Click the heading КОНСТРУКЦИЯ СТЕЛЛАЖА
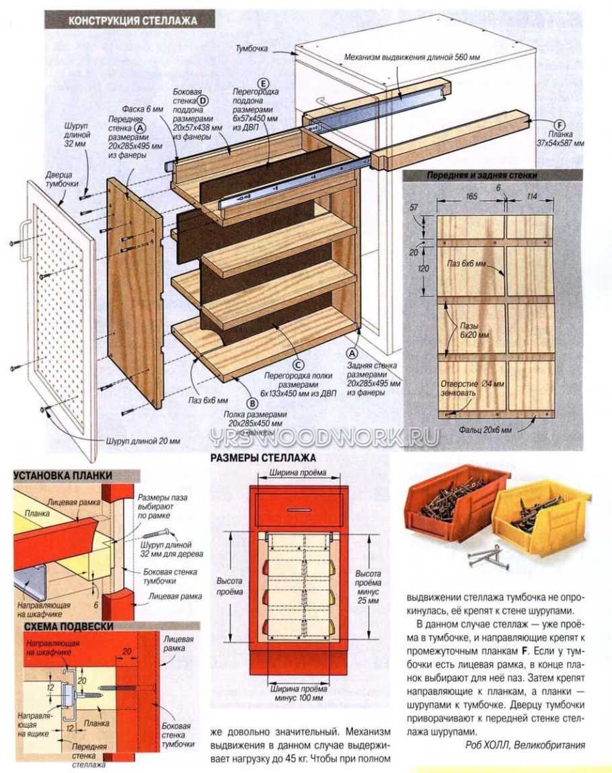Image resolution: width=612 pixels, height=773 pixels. tap(132, 20)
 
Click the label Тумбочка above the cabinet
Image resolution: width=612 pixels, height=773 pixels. tap(252, 49)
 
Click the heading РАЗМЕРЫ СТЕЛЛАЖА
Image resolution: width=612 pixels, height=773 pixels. tap(264, 458)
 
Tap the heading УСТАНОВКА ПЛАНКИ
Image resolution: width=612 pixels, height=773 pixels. tap(62, 475)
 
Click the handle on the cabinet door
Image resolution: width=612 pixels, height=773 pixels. tap(26, 239)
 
